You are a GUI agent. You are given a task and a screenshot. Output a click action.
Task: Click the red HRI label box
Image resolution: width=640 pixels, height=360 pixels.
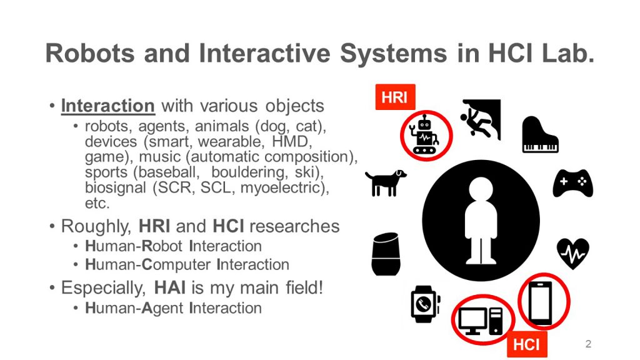pos(395,97)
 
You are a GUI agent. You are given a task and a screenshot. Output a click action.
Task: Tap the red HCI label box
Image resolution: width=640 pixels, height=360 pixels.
pos(527,344)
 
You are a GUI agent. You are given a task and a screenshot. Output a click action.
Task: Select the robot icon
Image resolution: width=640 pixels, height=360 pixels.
pos(425,135)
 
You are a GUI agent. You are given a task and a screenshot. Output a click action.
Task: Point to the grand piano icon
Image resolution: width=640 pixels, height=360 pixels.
pos(540,135)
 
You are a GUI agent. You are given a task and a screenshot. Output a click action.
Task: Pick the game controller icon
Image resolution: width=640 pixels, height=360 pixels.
pos(572,183)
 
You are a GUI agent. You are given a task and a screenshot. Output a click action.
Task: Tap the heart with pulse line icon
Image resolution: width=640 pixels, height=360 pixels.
pos(573,254)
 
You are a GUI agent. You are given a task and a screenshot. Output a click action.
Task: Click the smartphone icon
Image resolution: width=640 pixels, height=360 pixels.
pos(541,302)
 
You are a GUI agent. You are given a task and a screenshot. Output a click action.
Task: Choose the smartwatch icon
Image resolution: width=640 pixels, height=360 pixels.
pos(425,304)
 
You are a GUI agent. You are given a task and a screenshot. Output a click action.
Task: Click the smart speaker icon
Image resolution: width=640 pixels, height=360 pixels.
pos(386,254)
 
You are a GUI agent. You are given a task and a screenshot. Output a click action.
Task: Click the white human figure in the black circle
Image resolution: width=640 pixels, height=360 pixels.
pos(481,221)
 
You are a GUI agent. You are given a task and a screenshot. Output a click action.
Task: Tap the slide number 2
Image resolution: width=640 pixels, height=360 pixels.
pos(588,344)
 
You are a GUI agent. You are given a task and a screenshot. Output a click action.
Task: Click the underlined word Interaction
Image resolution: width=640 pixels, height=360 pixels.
pos(107,106)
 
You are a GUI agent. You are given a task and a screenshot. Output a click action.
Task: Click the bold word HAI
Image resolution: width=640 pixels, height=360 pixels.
pos(170,287)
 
